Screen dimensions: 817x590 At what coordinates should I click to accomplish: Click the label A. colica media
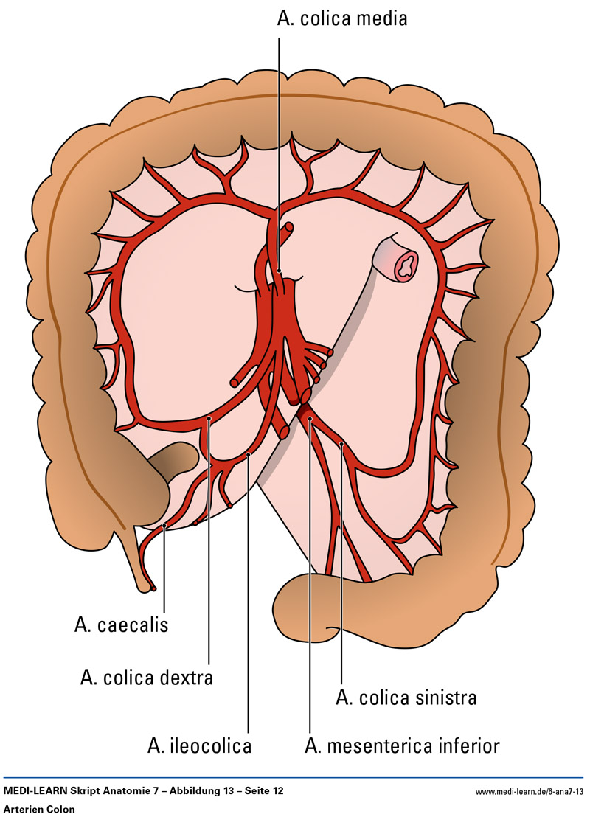click(342, 18)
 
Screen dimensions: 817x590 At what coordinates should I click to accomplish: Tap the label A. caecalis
click(122, 625)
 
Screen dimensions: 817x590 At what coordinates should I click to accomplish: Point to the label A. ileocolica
click(200, 745)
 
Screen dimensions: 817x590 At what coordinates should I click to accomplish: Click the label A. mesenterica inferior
click(402, 745)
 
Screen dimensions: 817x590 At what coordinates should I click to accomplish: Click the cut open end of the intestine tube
click(403, 263)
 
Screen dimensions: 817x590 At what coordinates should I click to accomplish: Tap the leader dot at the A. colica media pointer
click(280, 271)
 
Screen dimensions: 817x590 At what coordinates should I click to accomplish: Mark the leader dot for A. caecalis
click(164, 526)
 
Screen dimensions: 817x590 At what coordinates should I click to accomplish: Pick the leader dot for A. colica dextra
click(209, 419)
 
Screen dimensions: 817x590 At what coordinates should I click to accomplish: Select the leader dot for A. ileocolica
click(249, 454)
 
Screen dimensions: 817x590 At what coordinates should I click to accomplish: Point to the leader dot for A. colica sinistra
click(342, 444)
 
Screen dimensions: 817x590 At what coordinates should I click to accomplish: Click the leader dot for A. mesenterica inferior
click(310, 419)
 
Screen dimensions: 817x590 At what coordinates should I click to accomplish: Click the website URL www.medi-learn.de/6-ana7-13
click(530, 791)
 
